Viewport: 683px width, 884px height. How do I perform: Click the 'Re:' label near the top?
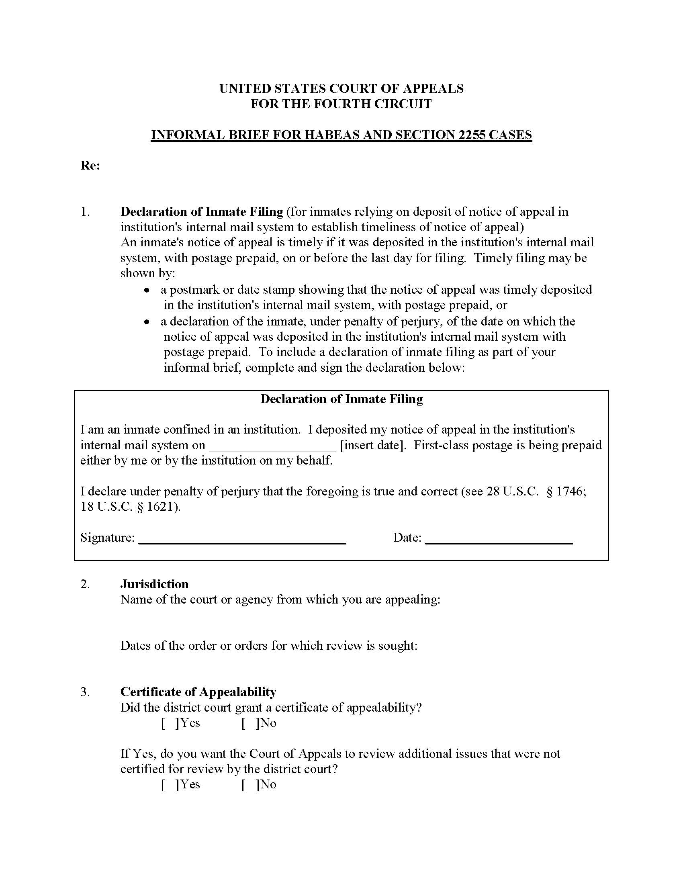pos(90,166)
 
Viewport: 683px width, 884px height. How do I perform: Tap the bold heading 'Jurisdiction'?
pos(154,584)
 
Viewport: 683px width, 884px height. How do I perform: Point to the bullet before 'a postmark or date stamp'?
pos(148,290)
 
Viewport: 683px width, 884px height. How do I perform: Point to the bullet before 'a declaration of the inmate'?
pos(148,322)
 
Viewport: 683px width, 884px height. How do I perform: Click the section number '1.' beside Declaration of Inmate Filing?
pos(85,212)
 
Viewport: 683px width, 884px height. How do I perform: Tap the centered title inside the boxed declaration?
pos(341,399)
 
